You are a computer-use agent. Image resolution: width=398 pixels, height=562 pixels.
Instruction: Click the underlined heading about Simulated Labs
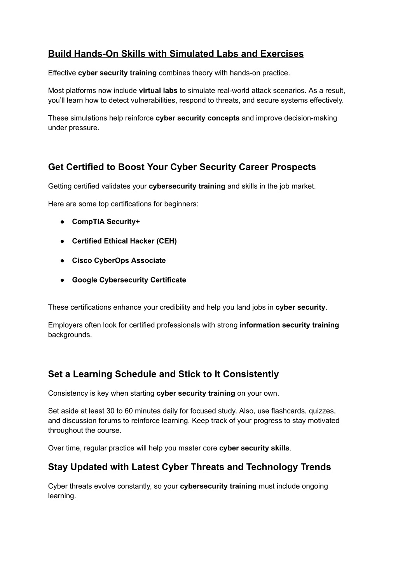176,54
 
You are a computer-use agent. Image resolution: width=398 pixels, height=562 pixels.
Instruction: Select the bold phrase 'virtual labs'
158,91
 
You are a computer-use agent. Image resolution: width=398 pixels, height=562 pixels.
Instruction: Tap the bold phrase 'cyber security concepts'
197,118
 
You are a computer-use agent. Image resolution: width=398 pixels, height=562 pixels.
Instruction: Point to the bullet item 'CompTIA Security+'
106,222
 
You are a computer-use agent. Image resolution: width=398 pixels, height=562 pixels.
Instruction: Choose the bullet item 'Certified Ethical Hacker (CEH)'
124,241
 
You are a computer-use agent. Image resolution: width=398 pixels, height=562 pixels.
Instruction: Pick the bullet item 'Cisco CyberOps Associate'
119,260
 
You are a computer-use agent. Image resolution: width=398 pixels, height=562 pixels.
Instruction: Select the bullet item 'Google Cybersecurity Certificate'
129,280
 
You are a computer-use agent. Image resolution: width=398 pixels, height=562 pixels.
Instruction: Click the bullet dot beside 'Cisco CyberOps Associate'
62,261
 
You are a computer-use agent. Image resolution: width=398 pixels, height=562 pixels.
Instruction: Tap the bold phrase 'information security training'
289,325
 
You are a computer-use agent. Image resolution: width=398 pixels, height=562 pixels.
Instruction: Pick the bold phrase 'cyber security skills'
254,448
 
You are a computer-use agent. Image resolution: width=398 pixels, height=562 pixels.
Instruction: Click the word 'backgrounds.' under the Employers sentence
70,335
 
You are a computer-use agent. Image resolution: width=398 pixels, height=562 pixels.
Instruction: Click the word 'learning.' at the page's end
62,496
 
